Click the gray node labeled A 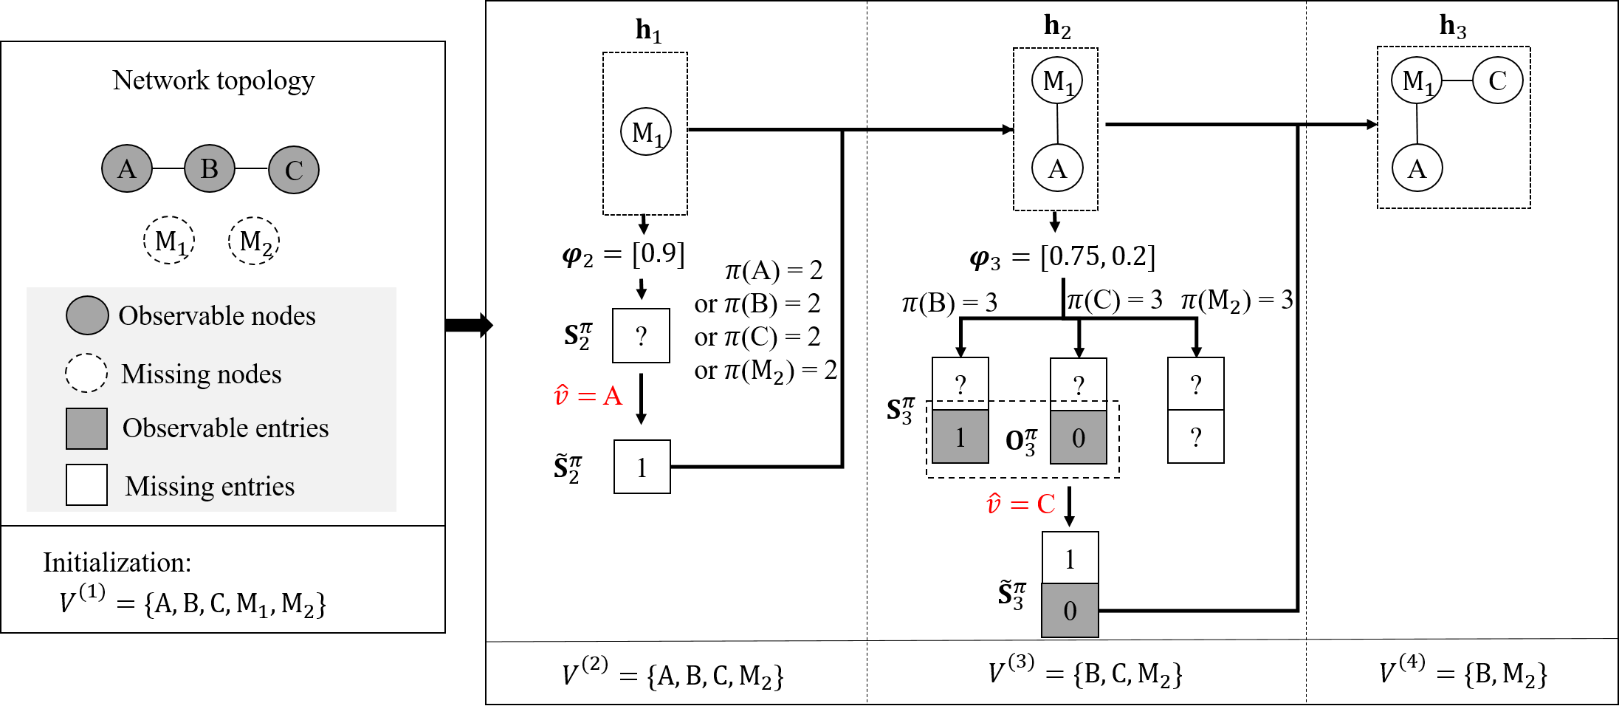tap(127, 169)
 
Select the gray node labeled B tap(210, 169)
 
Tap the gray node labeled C tap(294, 170)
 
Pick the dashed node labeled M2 tap(254, 241)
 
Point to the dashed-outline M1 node tap(170, 241)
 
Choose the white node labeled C tap(1497, 80)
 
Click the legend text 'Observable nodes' tap(217, 316)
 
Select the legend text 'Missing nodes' tap(201, 374)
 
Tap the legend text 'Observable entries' tap(225, 428)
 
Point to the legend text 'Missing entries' tap(210, 487)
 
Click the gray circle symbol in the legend tap(87, 316)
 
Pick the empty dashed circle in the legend tap(86, 373)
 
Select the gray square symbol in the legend tap(86, 428)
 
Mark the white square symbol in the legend tap(86, 484)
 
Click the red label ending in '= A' tap(588, 396)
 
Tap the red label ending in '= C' tap(1021, 504)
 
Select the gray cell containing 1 tap(960, 437)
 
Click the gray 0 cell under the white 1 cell tap(1070, 611)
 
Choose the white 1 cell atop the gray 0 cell tap(1070, 558)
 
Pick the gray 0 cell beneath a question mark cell tap(1078, 437)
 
